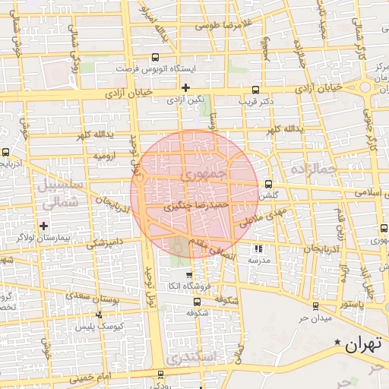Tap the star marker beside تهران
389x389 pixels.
pos(337,344)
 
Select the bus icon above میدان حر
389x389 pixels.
pos(315,306)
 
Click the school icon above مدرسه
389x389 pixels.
pos(258,248)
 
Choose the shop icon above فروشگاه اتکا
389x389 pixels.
pos(189,275)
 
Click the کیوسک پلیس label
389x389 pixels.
pos(95,327)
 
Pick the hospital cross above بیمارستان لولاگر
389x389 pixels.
pos(44,226)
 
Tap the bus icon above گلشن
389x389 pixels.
pos(268,184)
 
